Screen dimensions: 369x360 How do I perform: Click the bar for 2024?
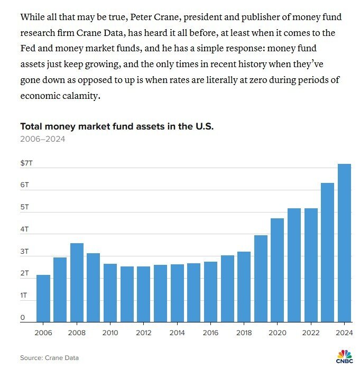tap(344, 243)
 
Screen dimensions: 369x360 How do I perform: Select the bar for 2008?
tap(77, 282)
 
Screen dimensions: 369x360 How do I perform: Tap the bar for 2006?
tap(43, 298)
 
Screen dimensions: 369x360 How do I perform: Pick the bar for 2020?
tap(277, 270)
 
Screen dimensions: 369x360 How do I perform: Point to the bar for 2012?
tap(143, 294)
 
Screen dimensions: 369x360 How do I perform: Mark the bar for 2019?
tap(260, 278)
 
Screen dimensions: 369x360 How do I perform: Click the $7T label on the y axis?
tap(26, 163)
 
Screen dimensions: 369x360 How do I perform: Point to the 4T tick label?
tap(24, 229)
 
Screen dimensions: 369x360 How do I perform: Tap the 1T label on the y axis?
tap(24, 296)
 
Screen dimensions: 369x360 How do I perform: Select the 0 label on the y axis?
tap(23, 318)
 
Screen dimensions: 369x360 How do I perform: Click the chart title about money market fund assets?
tap(117, 127)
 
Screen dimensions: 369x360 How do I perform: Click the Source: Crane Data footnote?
tap(49, 358)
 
